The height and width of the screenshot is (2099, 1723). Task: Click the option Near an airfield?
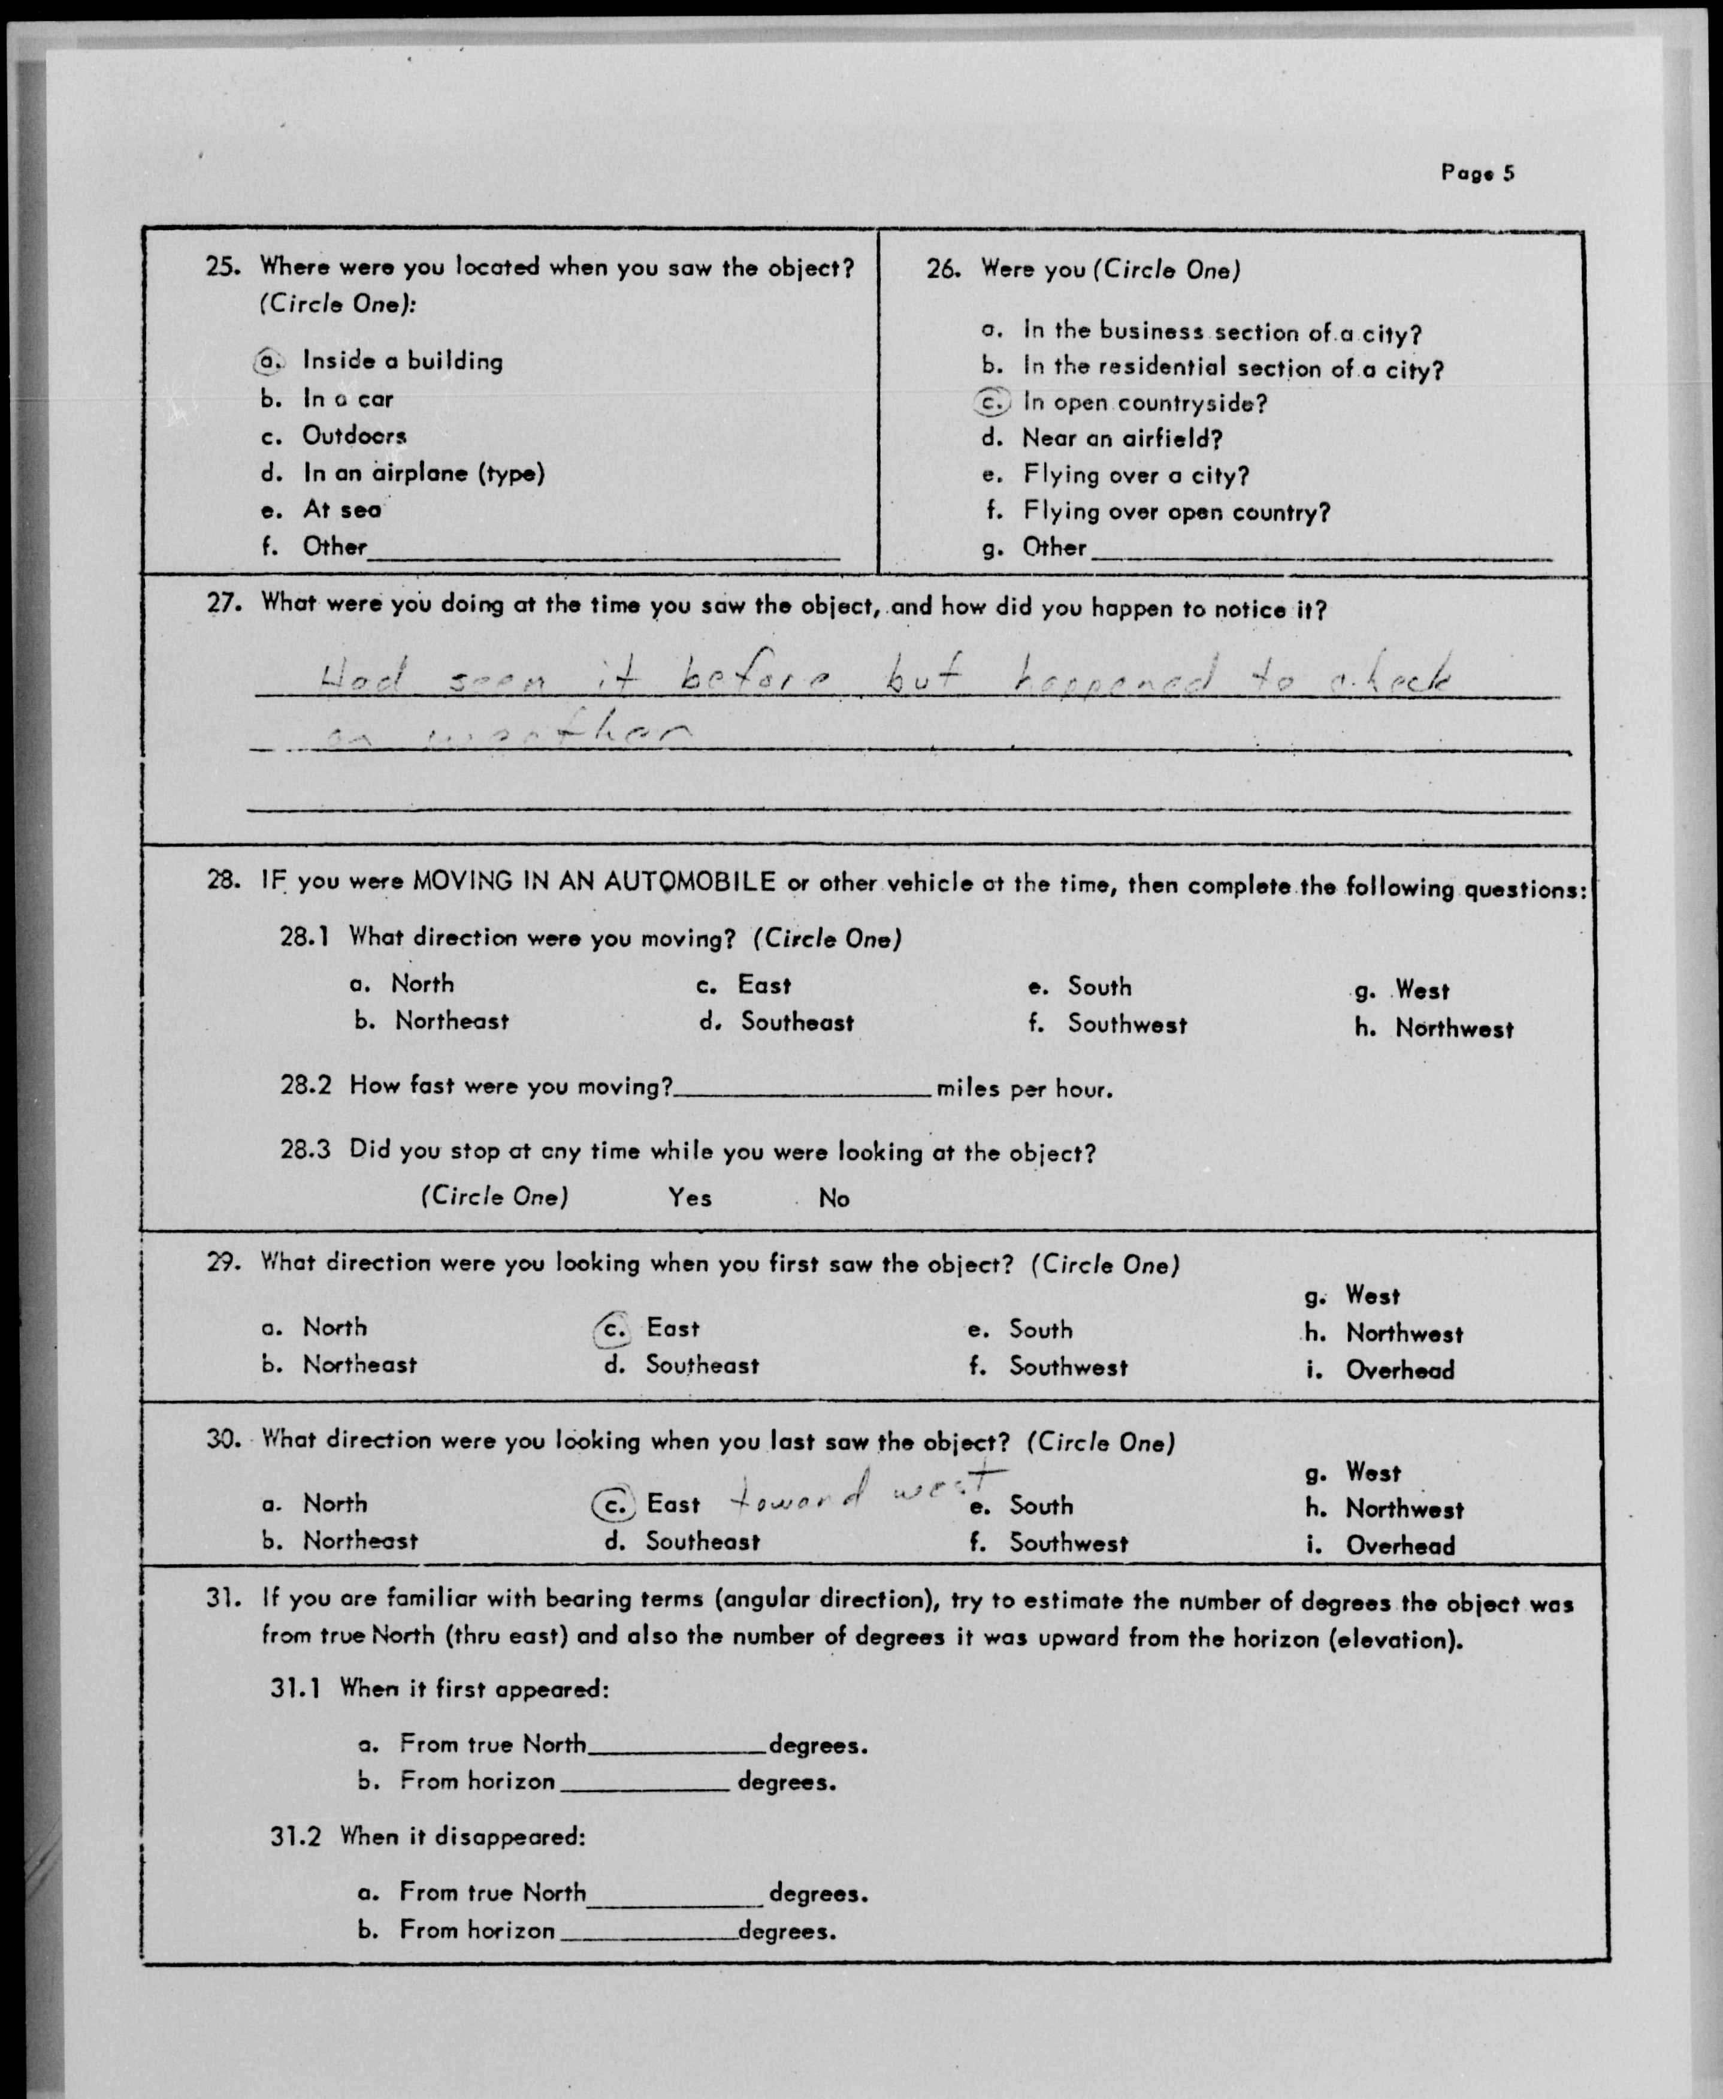click(x=1122, y=438)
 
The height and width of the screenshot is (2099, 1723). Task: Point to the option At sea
click(x=341, y=509)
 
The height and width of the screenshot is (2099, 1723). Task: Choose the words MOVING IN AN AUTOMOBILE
click(x=594, y=880)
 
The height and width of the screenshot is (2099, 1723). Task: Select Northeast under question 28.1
click(x=452, y=1021)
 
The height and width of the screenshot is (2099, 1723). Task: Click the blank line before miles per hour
click(x=802, y=1088)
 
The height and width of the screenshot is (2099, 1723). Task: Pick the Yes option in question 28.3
click(x=690, y=1198)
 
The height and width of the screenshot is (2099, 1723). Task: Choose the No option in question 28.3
click(x=834, y=1198)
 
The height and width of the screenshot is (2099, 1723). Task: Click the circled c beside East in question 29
click(x=614, y=1328)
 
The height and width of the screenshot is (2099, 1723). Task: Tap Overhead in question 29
click(x=1399, y=1370)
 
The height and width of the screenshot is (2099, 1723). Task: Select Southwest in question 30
click(x=1068, y=1542)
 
